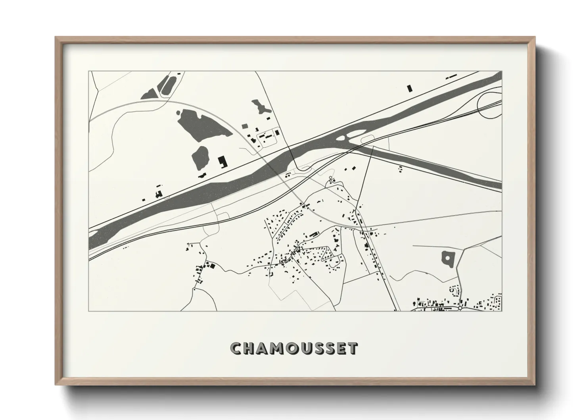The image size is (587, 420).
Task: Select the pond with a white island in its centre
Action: coord(448,258)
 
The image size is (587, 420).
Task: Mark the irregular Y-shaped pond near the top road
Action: coord(259,107)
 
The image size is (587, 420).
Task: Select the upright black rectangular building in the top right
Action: coord(410,88)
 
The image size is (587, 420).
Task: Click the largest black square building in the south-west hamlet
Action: coord(211,266)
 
